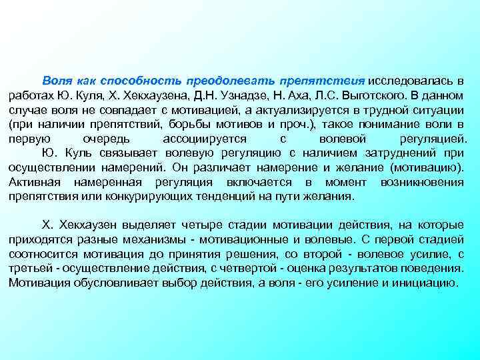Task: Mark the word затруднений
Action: tap(406, 155)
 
